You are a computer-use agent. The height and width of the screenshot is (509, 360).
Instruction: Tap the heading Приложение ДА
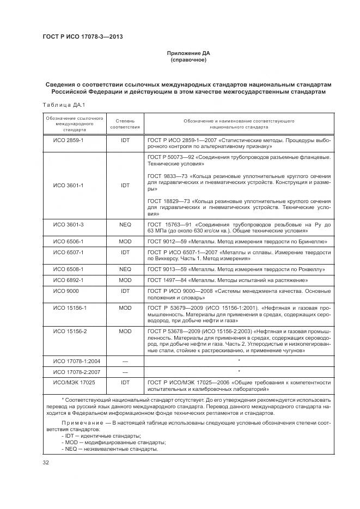(x=188, y=53)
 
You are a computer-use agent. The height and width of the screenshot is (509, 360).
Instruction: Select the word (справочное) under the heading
(x=188, y=60)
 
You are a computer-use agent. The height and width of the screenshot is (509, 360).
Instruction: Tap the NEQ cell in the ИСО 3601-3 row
(x=125, y=224)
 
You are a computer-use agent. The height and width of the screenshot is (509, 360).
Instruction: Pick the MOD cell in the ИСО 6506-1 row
(x=125, y=240)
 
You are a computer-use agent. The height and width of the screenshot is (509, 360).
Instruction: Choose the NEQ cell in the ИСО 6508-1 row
(x=125, y=269)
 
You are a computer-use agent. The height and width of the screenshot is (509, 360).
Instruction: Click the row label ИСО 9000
(x=64, y=291)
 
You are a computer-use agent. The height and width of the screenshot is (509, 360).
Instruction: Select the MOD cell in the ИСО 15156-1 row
(x=125, y=308)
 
